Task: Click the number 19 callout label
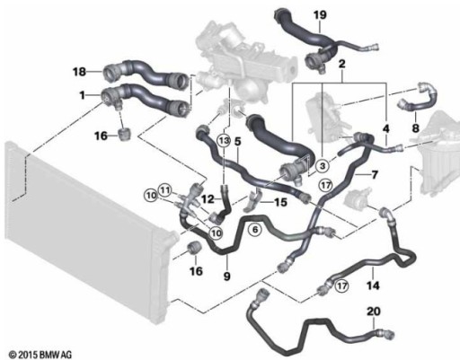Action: pos(320,14)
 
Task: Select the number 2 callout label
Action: pos(341,64)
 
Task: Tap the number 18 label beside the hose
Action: pos(79,72)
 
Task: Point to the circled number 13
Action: pos(224,140)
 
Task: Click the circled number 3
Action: pos(323,165)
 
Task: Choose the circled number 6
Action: pos(255,230)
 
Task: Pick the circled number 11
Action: pos(165,189)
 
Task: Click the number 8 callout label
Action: pos(415,128)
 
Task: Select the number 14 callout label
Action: pos(373,285)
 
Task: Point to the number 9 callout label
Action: pos(226,277)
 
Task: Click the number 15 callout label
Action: pos(280,202)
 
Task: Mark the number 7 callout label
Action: pos(375,174)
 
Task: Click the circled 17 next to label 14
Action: pos(341,285)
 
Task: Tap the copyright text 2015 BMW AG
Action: pos(40,356)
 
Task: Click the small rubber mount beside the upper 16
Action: pos(124,134)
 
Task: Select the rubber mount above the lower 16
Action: pos(193,248)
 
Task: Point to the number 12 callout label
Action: pos(208,198)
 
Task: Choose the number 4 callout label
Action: pos(386,128)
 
